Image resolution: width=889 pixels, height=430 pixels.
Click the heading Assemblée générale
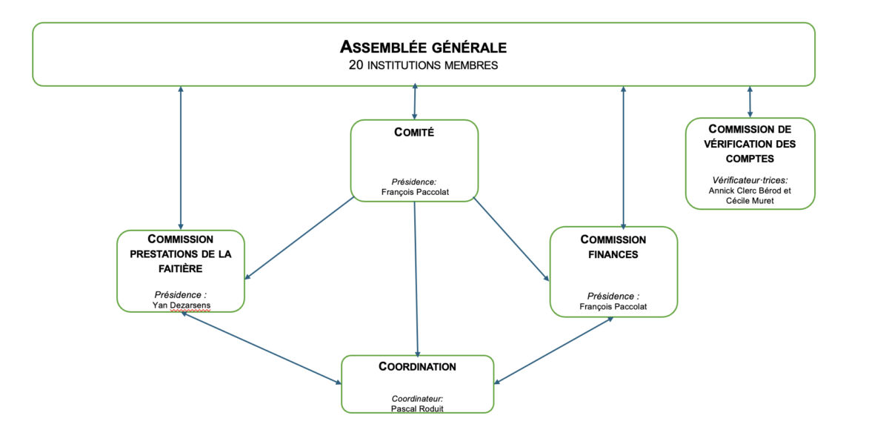tap(423, 47)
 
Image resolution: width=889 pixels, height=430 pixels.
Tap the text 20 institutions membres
tap(423, 65)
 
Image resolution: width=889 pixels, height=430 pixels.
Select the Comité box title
tap(414, 133)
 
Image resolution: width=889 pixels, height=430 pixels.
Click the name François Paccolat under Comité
tap(415, 191)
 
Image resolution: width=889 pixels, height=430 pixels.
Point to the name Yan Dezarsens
tap(180, 305)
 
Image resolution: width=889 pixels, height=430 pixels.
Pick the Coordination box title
tap(417, 366)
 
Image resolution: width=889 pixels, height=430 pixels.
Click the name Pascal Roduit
tap(417, 408)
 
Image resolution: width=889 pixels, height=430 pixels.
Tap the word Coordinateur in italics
tap(417, 399)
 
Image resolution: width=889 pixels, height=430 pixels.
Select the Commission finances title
tap(613, 247)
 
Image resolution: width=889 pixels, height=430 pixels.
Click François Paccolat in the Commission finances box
tap(613, 305)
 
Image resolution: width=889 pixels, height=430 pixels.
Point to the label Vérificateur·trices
tap(750, 180)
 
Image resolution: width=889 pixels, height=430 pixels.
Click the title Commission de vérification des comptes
tap(750, 143)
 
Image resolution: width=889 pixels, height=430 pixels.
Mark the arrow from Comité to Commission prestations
tap(300, 239)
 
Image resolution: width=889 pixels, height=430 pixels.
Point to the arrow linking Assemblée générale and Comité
tap(414, 102)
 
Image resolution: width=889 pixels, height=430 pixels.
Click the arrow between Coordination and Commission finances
tap(554, 351)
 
